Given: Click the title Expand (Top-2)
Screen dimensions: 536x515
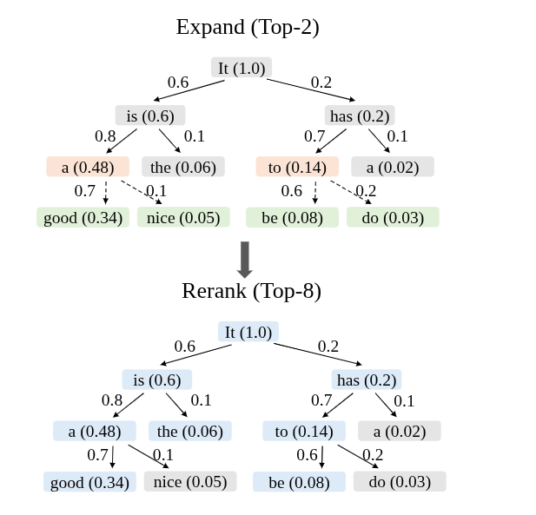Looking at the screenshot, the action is (248, 27).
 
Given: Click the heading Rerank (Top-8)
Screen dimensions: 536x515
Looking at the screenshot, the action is (252, 291).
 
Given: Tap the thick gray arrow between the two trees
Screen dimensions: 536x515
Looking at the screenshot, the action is (245, 260).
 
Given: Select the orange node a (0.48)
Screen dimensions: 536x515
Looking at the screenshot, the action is (88, 167).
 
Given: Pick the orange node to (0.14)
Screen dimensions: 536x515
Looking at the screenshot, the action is (297, 167).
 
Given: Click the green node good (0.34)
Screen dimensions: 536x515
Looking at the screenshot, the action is (83, 217).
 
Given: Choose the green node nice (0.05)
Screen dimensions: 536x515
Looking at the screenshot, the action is (183, 217).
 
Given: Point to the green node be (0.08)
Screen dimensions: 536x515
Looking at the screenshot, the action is (292, 217).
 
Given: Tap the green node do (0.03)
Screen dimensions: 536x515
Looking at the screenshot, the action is (393, 217).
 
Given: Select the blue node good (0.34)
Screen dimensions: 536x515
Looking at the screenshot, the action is (89, 482).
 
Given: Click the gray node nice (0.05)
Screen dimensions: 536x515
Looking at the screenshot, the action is (190, 482).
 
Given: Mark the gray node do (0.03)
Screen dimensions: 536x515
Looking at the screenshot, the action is (400, 482).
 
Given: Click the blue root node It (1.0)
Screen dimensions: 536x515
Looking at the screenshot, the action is (248, 332).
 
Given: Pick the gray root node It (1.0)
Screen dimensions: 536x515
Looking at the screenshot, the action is (242, 68).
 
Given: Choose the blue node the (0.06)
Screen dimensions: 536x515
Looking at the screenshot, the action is (190, 431).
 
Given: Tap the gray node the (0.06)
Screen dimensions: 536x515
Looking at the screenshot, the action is (183, 167).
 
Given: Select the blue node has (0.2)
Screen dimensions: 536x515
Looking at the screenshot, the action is (367, 380).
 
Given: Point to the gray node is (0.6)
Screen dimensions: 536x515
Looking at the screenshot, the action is (150, 116).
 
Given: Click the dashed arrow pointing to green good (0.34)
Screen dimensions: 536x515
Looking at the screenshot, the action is (106, 193).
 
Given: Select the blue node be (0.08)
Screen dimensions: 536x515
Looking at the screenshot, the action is (299, 482).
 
